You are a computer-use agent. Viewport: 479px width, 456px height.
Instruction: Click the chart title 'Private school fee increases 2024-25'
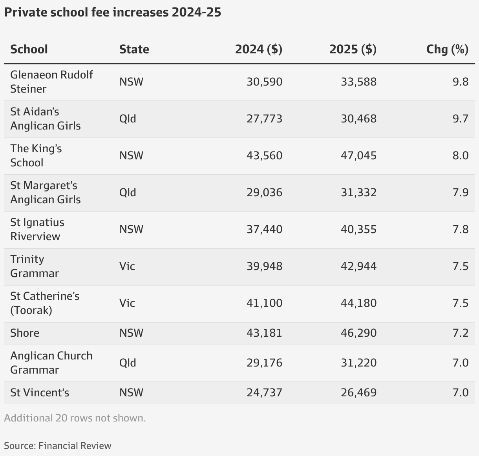tap(113, 12)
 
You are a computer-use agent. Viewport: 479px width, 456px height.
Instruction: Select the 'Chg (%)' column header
tap(447, 49)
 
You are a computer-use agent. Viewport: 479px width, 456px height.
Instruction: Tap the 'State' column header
tap(134, 49)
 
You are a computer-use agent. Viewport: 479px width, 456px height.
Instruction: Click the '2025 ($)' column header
tap(353, 49)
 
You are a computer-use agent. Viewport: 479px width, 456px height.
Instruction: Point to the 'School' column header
tap(29, 49)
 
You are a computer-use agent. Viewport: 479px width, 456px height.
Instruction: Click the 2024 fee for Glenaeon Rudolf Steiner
tap(264, 82)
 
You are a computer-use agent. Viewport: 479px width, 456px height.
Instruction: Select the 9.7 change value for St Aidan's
tap(461, 119)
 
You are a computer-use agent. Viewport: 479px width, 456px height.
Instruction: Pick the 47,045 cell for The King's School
tap(358, 155)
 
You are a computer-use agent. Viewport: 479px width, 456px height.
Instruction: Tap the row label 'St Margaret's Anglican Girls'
tap(45, 192)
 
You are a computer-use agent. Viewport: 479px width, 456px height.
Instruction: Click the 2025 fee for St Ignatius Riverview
tap(358, 229)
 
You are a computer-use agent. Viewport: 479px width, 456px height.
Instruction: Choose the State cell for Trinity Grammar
tap(127, 266)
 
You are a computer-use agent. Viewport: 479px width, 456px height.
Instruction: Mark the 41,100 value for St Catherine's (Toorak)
tap(264, 303)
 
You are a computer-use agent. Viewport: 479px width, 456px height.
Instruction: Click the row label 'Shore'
tap(25, 333)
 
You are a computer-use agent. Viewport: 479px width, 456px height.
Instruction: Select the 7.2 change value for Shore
tap(461, 333)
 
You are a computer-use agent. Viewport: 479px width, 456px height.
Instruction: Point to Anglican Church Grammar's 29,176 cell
tap(264, 363)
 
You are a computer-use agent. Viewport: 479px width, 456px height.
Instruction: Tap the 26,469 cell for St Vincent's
tap(358, 393)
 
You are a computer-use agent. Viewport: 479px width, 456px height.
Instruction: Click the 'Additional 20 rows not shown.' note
tap(75, 418)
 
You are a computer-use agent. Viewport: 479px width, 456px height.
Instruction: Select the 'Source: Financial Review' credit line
tap(58, 446)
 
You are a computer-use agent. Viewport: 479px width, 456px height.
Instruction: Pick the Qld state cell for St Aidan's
tap(128, 119)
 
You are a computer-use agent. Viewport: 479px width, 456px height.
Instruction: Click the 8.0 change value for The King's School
tap(461, 155)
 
